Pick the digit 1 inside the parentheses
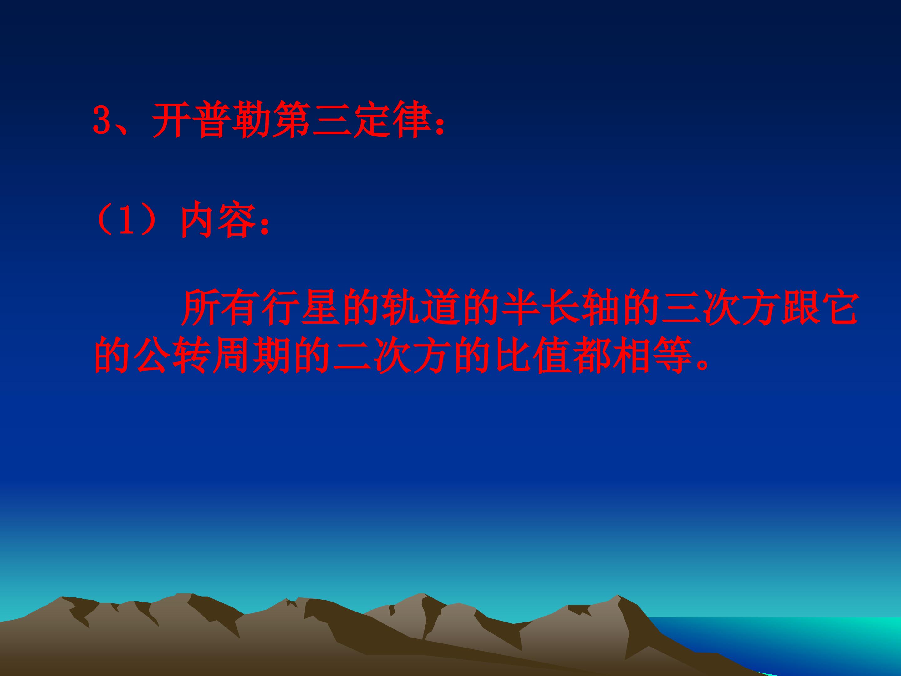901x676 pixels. (127, 223)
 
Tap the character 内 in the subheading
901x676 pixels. (197, 223)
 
